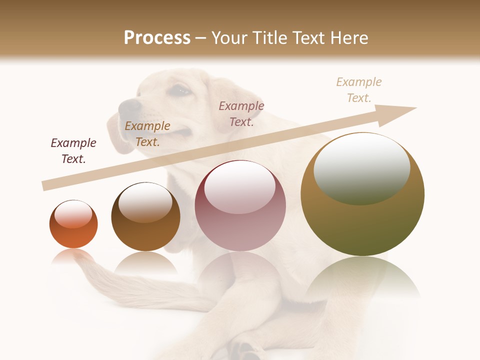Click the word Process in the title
[x=157, y=38]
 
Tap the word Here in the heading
[x=347, y=38]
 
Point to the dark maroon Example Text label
[x=73, y=151]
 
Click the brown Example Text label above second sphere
[x=147, y=134]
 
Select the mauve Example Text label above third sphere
[x=241, y=113]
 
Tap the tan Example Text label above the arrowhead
[x=359, y=89]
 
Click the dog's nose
[x=129, y=105]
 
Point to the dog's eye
[x=180, y=91]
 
